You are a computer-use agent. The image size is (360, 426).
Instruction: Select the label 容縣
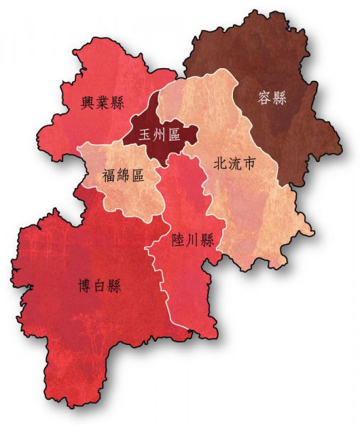[271, 98]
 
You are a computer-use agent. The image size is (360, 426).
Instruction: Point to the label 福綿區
[123, 175]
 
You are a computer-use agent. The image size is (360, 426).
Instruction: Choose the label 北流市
[234, 164]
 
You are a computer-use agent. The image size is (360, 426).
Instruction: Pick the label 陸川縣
[192, 240]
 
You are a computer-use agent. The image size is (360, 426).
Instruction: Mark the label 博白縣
[99, 286]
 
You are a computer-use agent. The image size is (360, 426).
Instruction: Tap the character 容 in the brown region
[263, 98]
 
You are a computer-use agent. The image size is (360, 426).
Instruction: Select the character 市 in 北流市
[249, 164]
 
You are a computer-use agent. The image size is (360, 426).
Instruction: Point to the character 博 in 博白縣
[85, 286]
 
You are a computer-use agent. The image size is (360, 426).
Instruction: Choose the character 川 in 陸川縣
[192, 240]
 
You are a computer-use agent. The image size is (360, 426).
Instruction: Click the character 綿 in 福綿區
[123, 175]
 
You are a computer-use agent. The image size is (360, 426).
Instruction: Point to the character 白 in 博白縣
[99, 286]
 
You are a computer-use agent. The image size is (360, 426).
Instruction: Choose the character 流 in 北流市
[234, 164]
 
